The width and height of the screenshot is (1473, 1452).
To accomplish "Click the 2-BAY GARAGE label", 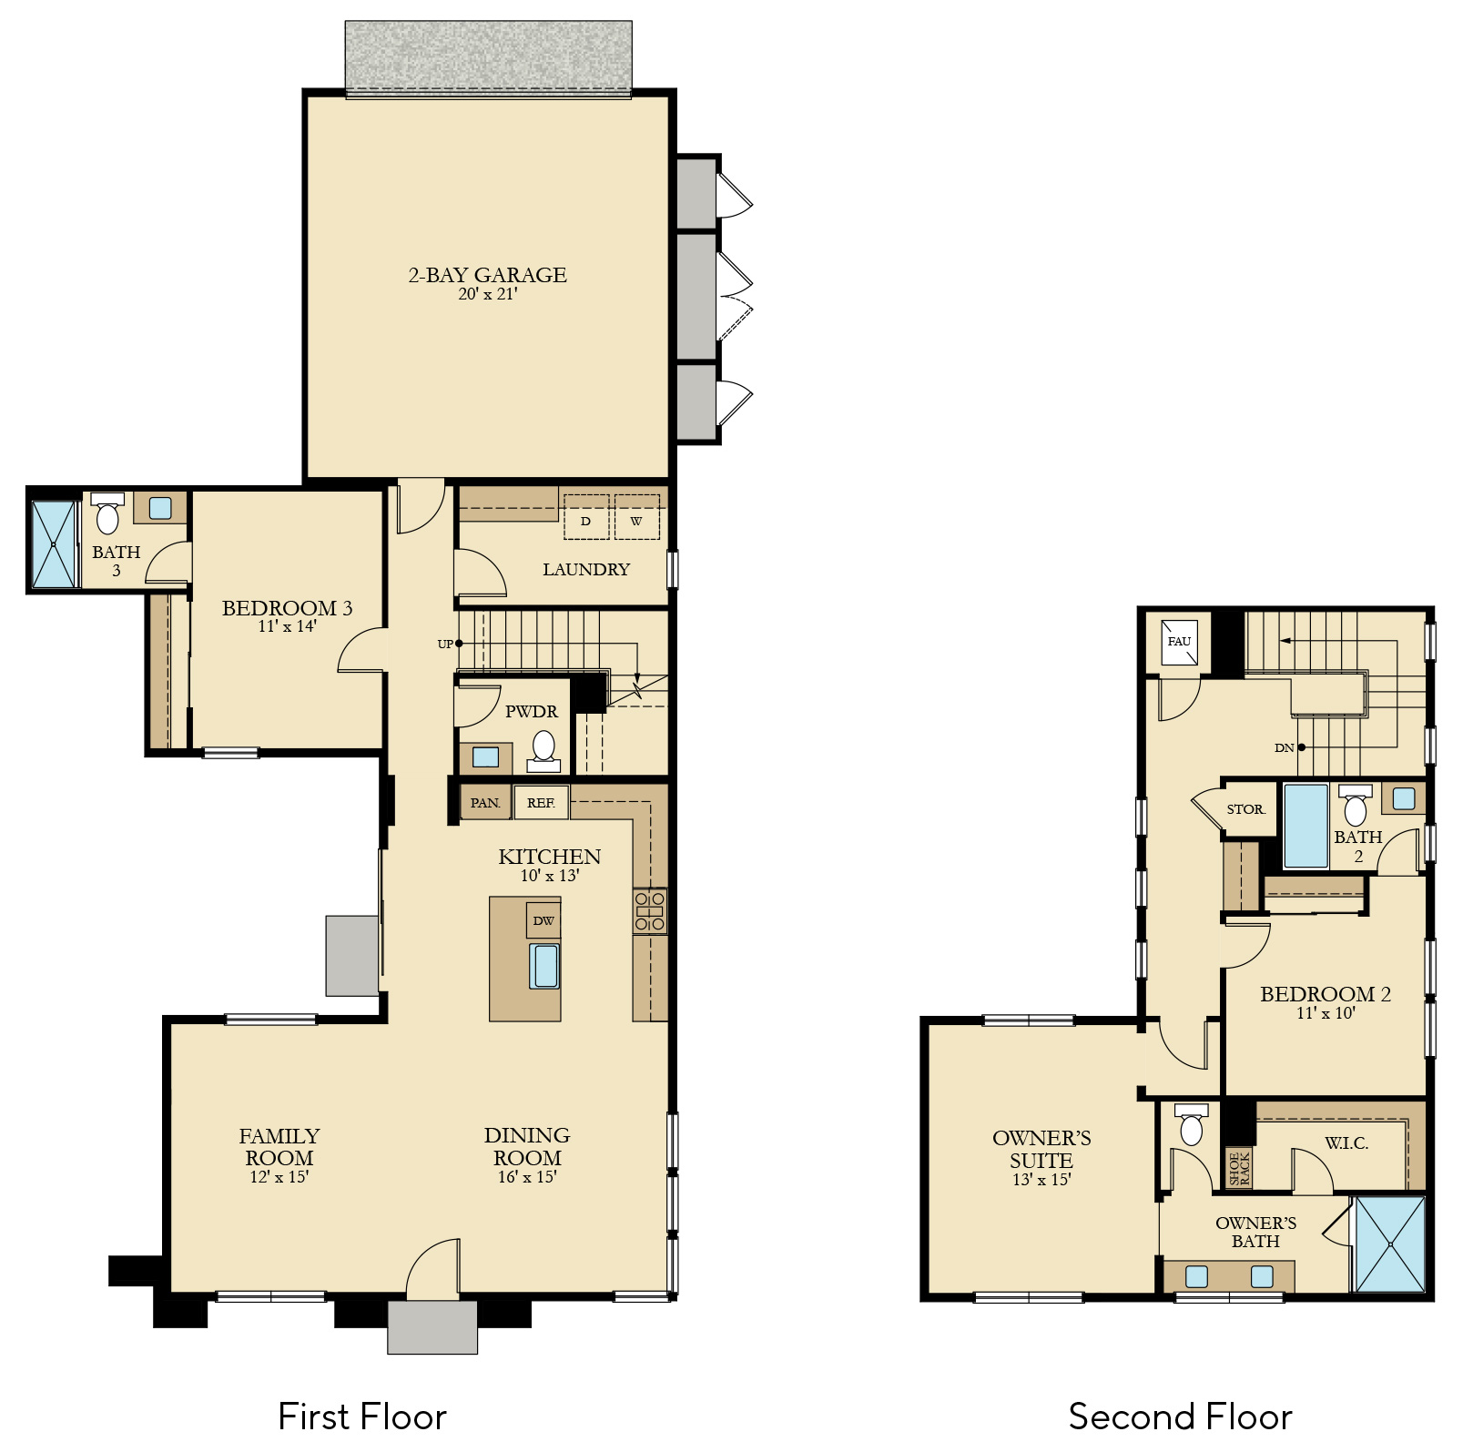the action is click(487, 275).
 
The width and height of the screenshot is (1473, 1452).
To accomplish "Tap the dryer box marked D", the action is click(586, 517).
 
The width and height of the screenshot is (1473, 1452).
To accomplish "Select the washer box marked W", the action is click(636, 517).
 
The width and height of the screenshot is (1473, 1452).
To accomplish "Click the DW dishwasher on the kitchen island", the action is click(543, 920).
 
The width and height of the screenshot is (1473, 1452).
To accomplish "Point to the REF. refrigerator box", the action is click(541, 803).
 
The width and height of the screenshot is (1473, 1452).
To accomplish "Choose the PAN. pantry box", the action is click(485, 803).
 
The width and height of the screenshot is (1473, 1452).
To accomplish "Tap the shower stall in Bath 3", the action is click(54, 543).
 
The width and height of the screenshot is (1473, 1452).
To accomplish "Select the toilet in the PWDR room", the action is click(543, 750).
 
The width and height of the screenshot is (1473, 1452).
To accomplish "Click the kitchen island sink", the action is click(545, 966).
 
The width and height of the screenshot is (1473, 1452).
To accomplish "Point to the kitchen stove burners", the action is click(650, 911).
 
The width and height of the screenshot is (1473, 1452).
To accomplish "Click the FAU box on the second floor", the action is click(1179, 642).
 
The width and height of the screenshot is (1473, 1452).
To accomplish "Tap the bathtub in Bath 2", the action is click(1305, 826).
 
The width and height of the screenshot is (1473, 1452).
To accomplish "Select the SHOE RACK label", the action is click(1239, 1168).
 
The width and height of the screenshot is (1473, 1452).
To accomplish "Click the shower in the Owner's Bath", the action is click(1390, 1244).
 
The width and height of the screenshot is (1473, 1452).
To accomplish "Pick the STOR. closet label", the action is click(1245, 809).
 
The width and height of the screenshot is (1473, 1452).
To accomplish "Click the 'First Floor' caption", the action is click(362, 1417).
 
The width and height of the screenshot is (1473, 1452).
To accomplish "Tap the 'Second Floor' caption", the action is click(1180, 1417).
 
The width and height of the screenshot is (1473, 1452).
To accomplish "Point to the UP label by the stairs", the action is click(445, 644).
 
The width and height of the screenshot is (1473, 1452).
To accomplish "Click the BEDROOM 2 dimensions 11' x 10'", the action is click(1326, 1013).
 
